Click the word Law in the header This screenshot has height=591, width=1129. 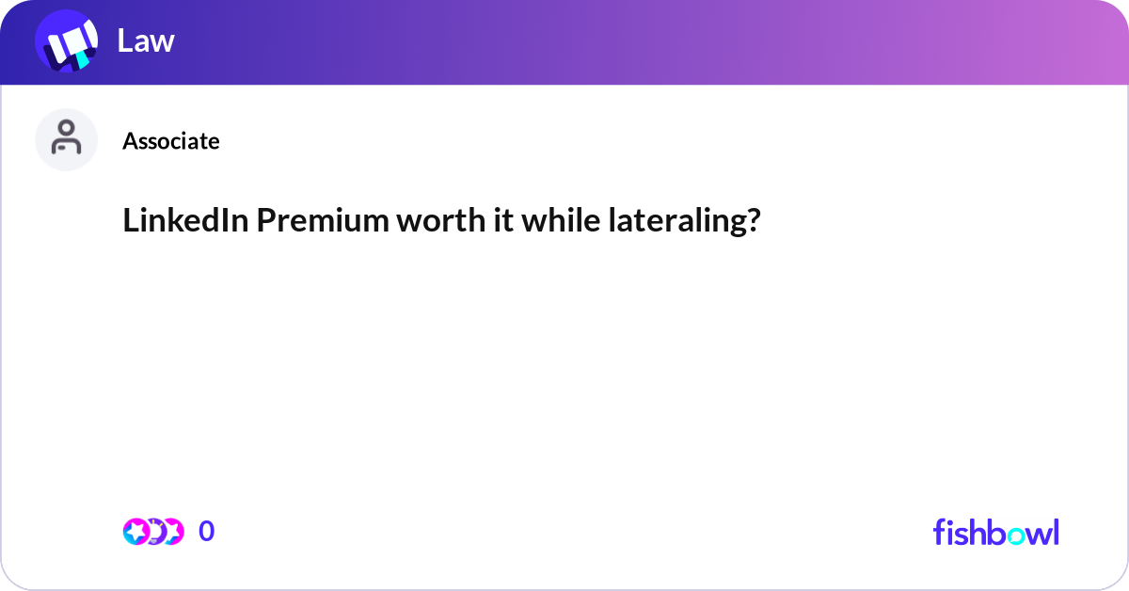146,40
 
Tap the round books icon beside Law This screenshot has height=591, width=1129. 67,40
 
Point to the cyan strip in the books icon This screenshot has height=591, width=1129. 83,59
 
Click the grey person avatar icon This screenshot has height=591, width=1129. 66,139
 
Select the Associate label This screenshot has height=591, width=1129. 171,141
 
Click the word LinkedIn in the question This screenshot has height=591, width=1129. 185,220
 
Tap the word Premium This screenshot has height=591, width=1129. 323,220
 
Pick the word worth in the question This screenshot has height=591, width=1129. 441,220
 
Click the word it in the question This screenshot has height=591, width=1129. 503,220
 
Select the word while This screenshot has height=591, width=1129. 561,220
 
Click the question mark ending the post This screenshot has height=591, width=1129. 754,220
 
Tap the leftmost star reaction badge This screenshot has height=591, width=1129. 135,532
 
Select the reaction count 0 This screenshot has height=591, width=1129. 207,531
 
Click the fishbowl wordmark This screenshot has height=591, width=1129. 996,532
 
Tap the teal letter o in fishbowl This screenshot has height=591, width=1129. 1016,535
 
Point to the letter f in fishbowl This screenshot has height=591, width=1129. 939,532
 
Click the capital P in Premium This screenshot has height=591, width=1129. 266,220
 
